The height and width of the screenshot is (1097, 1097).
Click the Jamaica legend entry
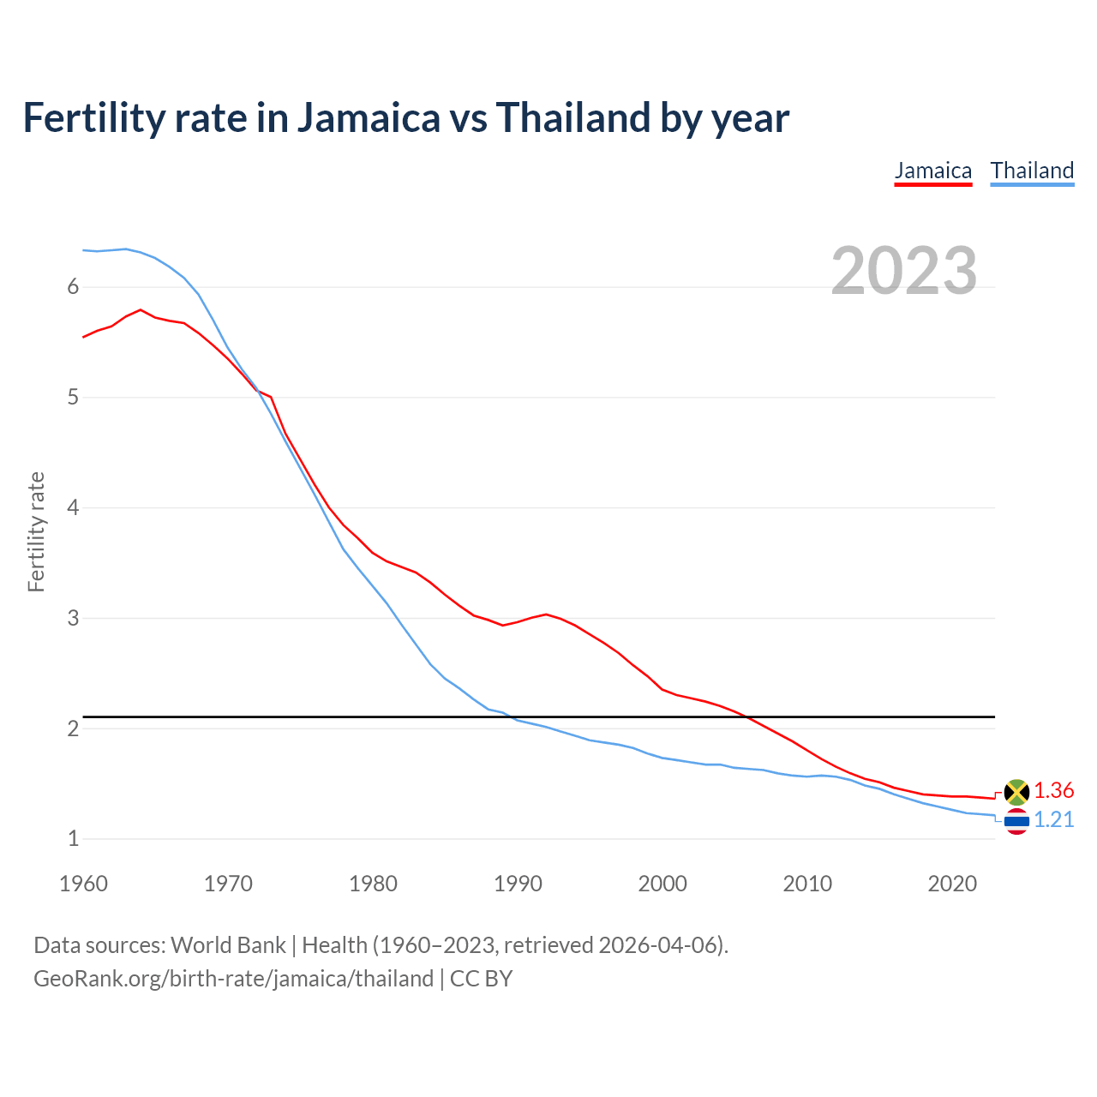(933, 171)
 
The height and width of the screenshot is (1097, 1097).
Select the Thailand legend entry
(1032, 171)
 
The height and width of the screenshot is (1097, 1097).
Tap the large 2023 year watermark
(903, 271)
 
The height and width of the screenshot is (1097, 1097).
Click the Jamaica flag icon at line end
(1016, 792)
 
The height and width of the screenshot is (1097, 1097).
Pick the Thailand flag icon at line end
(1016, 822)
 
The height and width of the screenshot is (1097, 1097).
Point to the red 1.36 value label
(1053, 790)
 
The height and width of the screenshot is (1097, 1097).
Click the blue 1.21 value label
(1053, 820)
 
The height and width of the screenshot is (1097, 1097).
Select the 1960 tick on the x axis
(83, 884)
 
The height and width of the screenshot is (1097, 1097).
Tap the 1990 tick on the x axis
(518, 884)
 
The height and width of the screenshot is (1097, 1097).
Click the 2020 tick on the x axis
(952, 884)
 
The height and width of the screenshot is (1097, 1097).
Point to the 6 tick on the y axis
(73, 287)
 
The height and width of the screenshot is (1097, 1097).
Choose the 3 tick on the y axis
(73, 618)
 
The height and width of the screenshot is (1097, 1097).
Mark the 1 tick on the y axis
(73, 839)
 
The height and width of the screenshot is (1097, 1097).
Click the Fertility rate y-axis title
(36, 531)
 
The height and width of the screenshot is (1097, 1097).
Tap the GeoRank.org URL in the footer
(233, 979)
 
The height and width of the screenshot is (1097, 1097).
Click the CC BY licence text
(481, 979)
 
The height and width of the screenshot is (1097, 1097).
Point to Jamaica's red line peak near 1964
(141, 310)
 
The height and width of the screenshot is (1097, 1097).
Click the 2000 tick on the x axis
(662, 884)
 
